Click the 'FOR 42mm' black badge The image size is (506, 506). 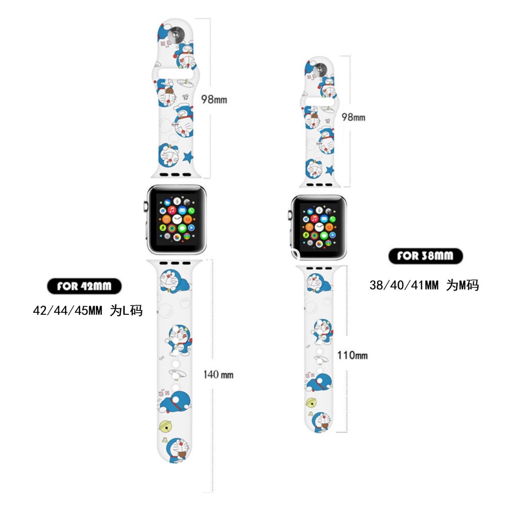pyautogui.click(x=84, y=286)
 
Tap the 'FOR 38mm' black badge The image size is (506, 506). pyautogui.click(x=424, y=256)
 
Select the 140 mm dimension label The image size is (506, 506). pyautogui.click(x=218, y=375)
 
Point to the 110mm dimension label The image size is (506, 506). pyautogui.click(x=352, y=355)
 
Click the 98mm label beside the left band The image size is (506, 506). pyautogui.click(x=213, y=99)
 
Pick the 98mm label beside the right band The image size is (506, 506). pyautogui.click(x=353, y=117)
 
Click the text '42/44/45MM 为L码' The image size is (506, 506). pyautogui.click(x=87, y=311)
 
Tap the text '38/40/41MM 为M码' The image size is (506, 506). pyautogui.click(x=424, y=285)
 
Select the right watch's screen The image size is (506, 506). pyautogui.click(x=319, y=225)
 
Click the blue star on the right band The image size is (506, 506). pyautogui.click(x=330, y=170)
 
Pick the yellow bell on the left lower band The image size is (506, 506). pyautogui.click(x=166, y=426)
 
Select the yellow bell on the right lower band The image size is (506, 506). pyautogui.click(x=311, y=402)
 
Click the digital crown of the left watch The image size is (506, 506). pyautogui.click(x=145, y=206)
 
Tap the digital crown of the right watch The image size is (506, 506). pyautogui.click(x=289, y=214)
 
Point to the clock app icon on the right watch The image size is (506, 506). pyautogui.click(x=319, y=226)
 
